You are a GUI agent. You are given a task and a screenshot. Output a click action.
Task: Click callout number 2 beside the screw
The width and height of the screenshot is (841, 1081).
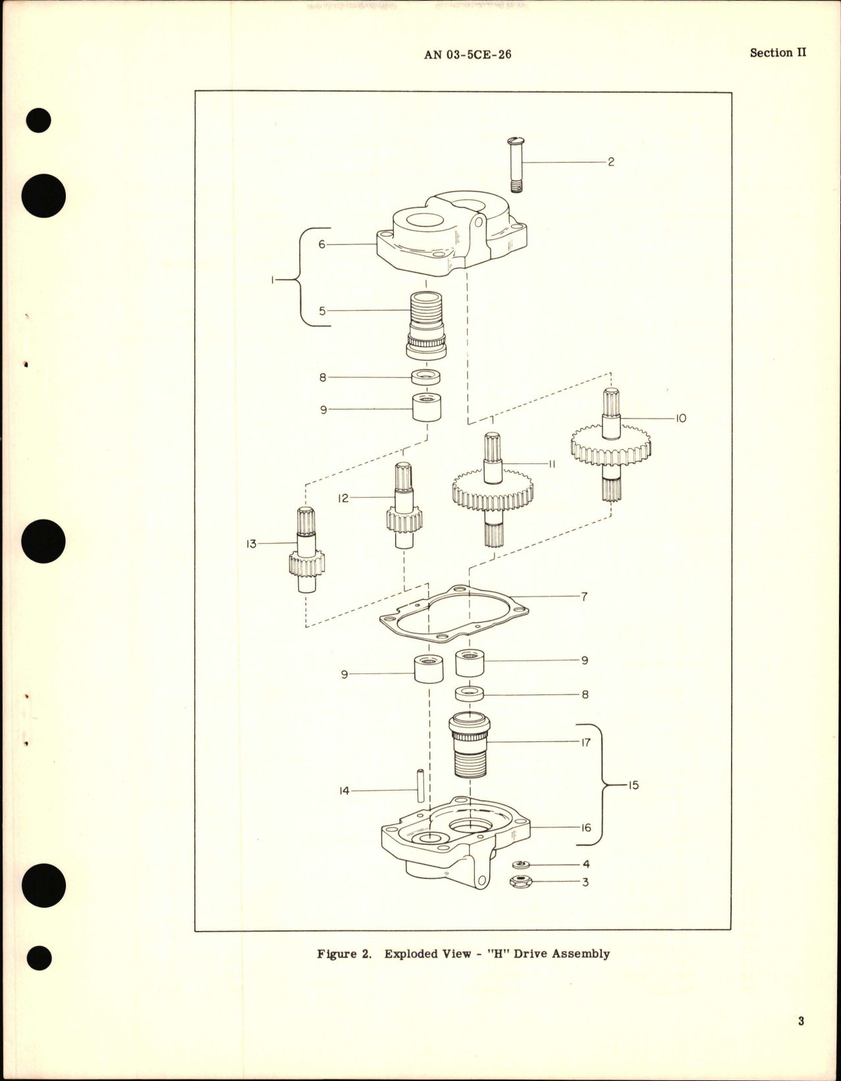[610, 162]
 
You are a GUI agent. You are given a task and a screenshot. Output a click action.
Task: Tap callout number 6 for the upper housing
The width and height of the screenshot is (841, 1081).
[322, 244]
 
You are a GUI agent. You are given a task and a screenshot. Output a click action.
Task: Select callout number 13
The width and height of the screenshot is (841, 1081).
[251, 544]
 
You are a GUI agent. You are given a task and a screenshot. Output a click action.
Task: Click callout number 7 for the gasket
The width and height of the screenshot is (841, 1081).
[583, 597]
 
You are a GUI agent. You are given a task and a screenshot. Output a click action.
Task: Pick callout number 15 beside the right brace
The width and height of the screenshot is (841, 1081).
[633, 785]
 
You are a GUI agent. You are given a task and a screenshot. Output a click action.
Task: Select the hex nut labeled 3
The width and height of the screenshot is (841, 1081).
[520, 882]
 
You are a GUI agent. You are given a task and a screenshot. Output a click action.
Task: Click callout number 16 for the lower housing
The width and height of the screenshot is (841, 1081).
[585, 828]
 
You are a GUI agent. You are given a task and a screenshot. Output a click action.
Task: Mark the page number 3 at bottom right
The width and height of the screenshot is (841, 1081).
[801, 1022]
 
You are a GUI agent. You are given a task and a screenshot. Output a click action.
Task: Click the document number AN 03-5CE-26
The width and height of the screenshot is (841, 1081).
[468, 55]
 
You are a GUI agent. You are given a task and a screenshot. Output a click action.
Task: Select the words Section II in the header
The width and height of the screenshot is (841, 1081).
[778, 53]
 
